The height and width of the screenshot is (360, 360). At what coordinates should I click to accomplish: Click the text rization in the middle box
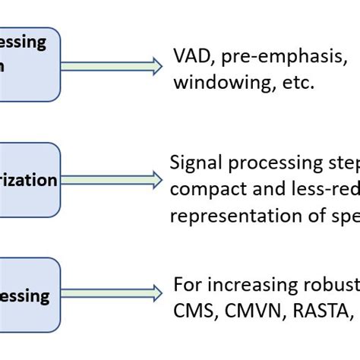click(x=28, y=181)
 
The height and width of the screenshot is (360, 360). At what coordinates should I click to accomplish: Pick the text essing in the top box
click(x=23, y=43)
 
